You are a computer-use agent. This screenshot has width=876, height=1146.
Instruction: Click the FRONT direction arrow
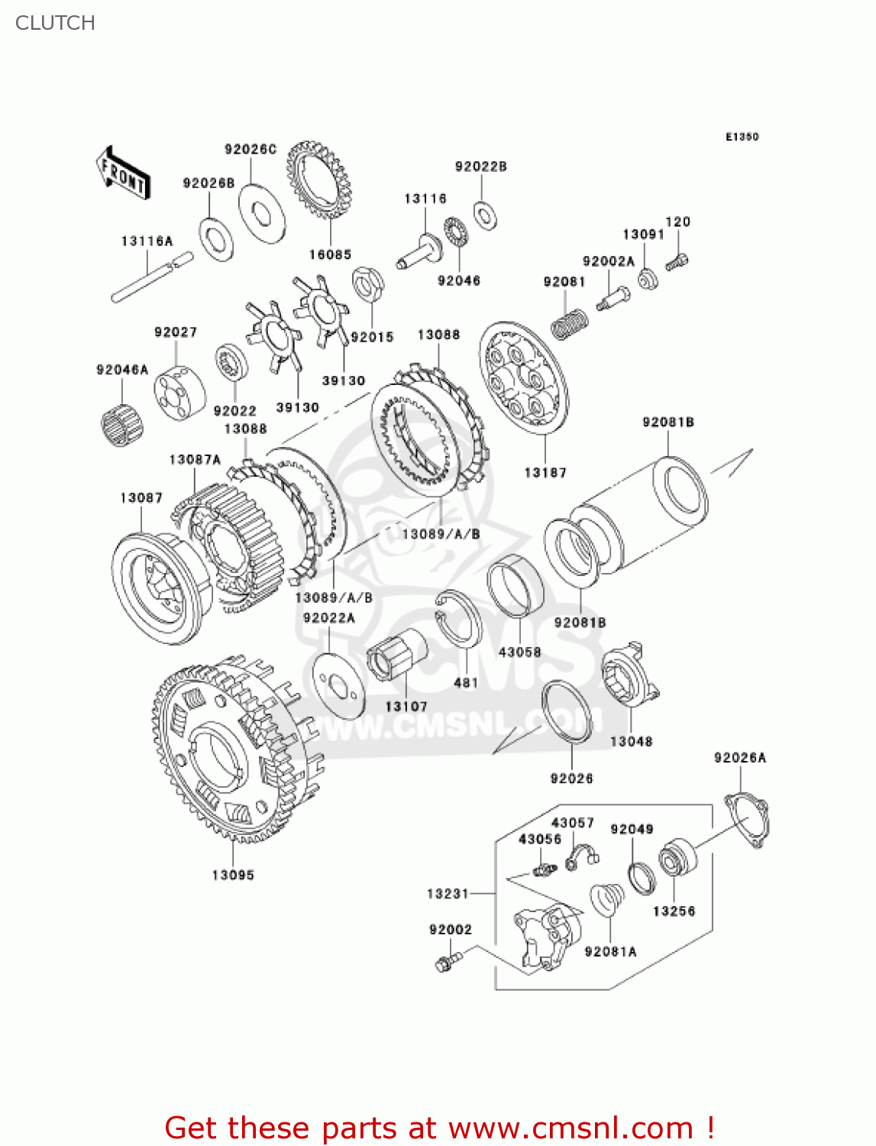(x=122, y=173)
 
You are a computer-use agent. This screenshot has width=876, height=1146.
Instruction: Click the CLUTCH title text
(x=55, y=23)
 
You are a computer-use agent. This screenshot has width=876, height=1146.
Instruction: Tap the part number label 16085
(x=330, y=254)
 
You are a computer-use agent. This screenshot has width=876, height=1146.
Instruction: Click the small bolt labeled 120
(x=677, y=262)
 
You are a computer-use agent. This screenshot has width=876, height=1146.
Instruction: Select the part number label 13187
(x=545, y=473)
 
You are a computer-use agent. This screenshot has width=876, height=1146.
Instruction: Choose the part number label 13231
(x=448, y=893)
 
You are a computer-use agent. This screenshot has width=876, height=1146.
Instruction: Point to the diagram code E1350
(x=742, y=137)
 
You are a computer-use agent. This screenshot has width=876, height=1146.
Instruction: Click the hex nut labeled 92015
(x=367, y=286)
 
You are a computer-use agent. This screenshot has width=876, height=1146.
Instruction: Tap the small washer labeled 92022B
(x=483, y=215)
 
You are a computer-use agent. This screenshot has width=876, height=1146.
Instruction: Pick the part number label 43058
(x=519, y=652)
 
